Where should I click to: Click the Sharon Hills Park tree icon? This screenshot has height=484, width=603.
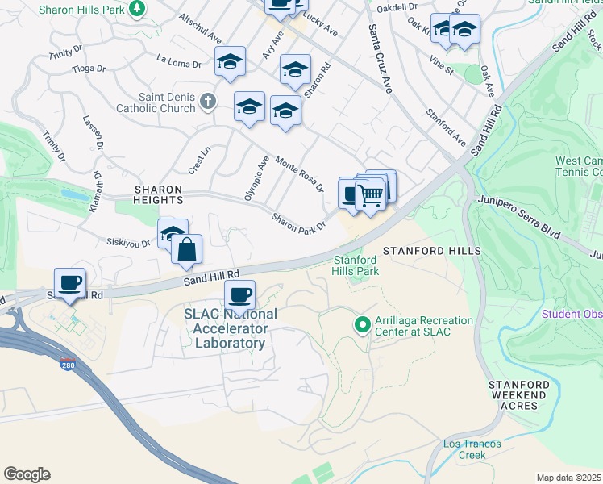(x=138, y=8)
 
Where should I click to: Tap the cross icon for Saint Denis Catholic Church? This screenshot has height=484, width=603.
(x=208, y=101)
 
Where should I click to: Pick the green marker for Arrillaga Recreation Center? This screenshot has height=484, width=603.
(x=362, y=325)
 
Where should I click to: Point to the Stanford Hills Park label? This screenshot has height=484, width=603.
(x=356, y=265)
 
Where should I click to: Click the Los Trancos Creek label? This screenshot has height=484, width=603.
(x=472, y=449)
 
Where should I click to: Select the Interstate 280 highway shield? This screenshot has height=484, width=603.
(x=69, y=365)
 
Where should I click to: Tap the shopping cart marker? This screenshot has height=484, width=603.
(x=370, y=194)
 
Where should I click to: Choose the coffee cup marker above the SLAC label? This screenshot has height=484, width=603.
(x=239, y=294)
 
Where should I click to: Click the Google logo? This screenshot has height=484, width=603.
(x=27, y=474)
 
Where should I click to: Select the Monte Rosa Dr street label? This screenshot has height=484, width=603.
(x=299, y=173)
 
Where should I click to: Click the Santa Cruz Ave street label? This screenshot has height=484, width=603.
(x=379, y=58)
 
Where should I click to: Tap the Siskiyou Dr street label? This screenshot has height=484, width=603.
(x=128, y=241)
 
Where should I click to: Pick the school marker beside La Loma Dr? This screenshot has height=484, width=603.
(x=230, y=61)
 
